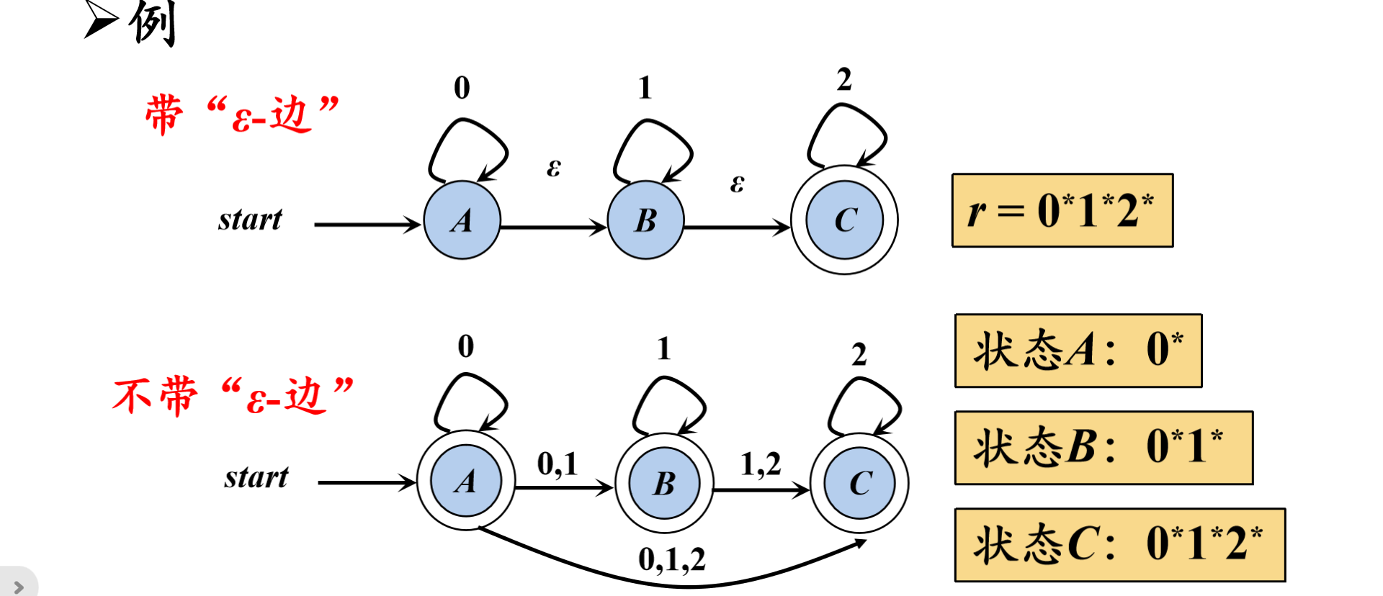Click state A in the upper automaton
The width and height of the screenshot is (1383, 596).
coord(462,220)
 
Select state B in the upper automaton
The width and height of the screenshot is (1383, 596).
coord(645,220)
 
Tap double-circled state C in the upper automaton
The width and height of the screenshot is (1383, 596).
coord(844,220)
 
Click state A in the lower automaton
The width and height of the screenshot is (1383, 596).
coord(466,482)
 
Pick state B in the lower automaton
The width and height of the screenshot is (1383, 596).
coord(664,483)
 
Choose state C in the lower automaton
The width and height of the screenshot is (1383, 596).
coord(860,483)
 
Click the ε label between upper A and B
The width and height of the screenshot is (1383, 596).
coord(553,168)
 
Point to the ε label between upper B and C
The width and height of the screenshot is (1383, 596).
coord(737,184)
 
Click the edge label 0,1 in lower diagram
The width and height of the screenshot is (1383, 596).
coord(558,464)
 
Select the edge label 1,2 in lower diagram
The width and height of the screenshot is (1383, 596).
coord(761,464)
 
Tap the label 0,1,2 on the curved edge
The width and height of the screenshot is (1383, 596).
coord(671,559)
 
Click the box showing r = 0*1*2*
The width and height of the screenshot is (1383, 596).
coord(1062,211)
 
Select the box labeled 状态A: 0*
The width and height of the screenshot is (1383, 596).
coord(1078,351)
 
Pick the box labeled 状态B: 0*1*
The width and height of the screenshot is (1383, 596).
coord(1103,448)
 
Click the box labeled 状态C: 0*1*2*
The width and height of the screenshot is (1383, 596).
coord(1119,545)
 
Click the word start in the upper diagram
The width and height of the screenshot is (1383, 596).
coord(250,220)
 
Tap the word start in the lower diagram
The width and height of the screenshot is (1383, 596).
coord(256,477)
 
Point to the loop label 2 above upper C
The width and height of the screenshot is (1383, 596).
coord(844,79)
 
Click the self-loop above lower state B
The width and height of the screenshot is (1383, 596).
coord(668,403)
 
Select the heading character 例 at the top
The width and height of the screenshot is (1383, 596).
coord(152,23)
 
